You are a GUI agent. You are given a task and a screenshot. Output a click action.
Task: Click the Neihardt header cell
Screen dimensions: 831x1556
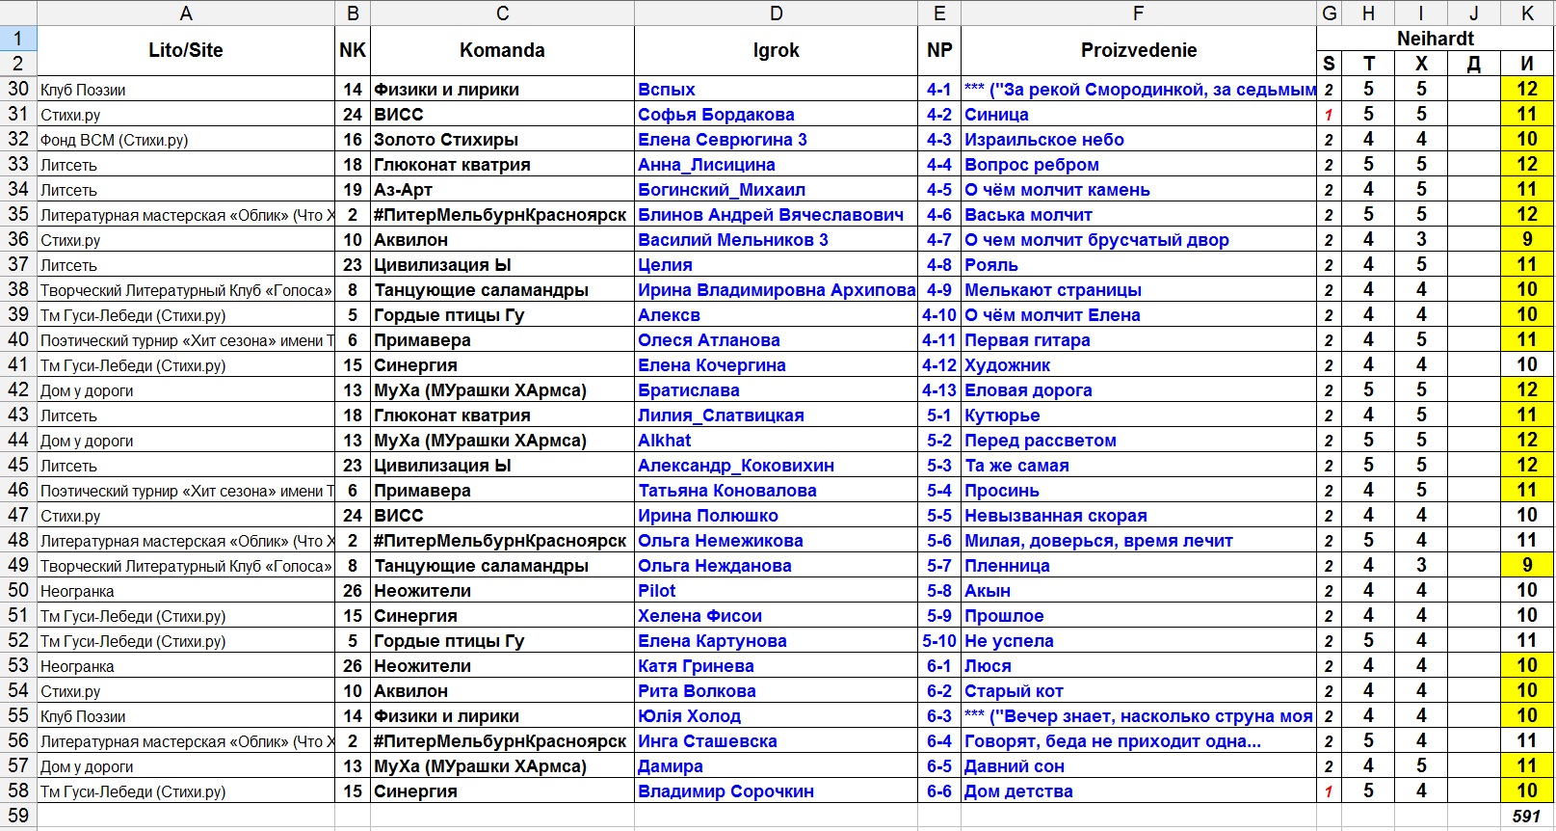point(1435,39)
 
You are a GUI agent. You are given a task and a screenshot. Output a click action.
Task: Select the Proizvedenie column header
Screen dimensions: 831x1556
point(1138,50)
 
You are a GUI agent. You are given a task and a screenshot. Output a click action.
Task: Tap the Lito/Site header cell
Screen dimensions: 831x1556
point(185,50)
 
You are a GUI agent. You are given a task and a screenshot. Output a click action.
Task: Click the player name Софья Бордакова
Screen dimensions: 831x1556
point(716,115)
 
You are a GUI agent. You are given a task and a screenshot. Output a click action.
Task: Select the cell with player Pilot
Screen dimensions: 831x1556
point(657,591)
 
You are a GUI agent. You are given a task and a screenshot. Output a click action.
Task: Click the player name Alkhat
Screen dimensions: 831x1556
point(664,441)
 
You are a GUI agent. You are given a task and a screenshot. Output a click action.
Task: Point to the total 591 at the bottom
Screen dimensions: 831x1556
point(1525,817)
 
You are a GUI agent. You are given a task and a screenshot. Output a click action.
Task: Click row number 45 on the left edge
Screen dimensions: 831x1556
point(18,466)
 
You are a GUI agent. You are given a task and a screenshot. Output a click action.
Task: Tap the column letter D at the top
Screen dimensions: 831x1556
point(776,13)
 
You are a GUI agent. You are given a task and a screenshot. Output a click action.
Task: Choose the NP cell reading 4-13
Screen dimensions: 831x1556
point(938,390)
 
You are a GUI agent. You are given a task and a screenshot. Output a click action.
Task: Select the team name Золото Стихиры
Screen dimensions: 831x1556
point(446,140)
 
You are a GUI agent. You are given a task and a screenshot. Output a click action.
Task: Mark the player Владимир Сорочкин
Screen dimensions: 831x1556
point(725,791)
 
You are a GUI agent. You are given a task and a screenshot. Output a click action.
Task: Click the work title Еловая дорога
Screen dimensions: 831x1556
point(1028,390)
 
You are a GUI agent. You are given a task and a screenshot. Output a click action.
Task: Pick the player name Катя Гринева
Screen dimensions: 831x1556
point(696,666)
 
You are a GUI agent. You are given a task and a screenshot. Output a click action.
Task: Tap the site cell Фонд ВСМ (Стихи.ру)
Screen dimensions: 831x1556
point(114,140)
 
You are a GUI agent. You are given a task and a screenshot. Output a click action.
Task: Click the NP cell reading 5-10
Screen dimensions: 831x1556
point(938,641)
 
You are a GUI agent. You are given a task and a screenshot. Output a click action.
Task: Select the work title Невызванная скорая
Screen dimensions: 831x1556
point(1055,516)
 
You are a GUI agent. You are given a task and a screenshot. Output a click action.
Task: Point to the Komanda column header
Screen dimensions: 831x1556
point(502,50)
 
